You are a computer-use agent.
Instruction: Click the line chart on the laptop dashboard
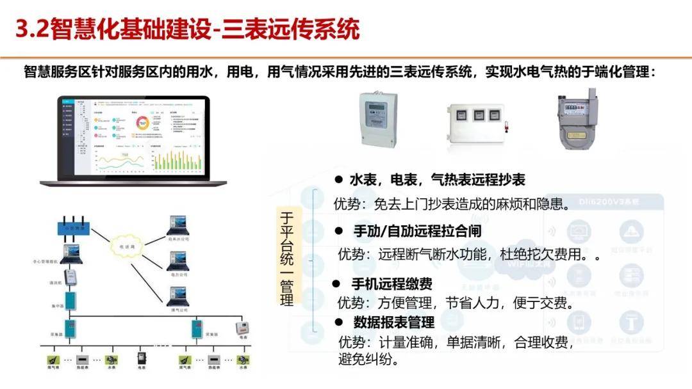(x=118, y=160)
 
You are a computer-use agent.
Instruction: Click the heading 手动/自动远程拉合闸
(x=417, y=230)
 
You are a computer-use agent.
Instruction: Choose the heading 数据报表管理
(x=394, y=322)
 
